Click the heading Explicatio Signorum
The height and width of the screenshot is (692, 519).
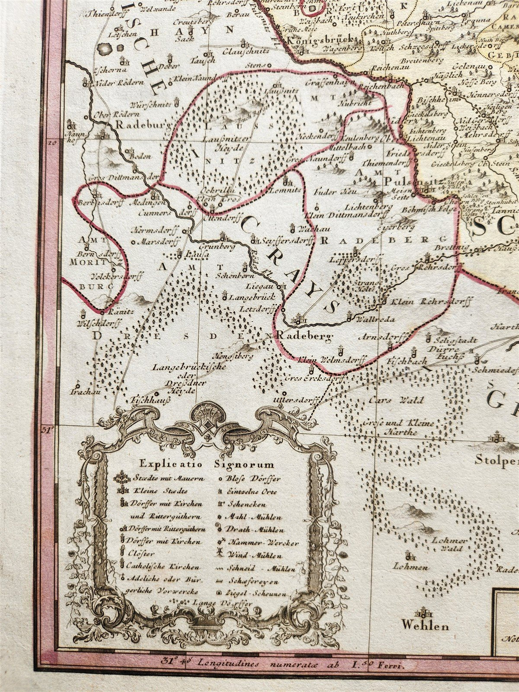tap(207, 465)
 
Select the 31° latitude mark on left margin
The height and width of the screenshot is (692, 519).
tap(48, 429)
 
